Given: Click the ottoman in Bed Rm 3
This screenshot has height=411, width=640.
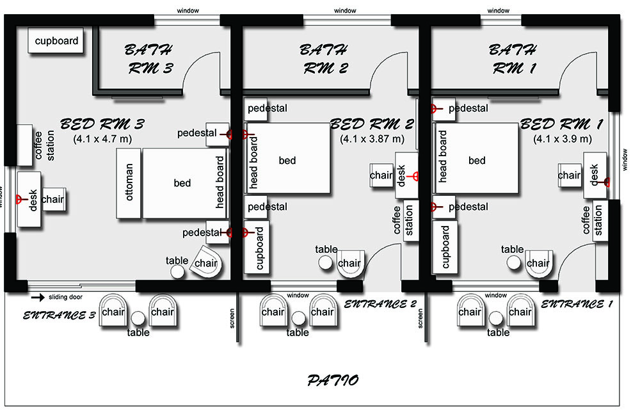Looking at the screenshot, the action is tap(129, 183).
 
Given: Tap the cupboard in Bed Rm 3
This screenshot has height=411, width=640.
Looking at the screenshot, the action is tap(56, 40).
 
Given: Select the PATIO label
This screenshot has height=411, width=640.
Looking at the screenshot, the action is tap(333, 380).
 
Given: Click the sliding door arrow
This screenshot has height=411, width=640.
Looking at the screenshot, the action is tap(38, 297).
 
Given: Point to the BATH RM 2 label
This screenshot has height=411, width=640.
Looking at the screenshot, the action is tap(324, 59).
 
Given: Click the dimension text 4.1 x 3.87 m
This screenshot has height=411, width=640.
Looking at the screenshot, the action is tap(372, 139).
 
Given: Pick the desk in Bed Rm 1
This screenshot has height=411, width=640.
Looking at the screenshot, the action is tap(595, 175).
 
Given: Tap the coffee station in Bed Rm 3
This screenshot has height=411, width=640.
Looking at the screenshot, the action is tap(24, 145).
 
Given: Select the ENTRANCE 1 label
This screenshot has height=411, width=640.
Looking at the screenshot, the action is tap(577, 304).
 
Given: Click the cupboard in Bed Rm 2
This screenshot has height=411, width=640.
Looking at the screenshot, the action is tap(257, 247).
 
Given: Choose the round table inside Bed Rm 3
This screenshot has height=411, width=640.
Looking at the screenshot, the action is tap(177, 271).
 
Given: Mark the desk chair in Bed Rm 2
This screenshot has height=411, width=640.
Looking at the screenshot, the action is tap(381, 175).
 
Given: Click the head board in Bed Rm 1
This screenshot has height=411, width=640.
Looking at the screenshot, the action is tap(442, 158).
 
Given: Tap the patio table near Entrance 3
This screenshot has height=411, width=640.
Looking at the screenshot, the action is tap(138, 318).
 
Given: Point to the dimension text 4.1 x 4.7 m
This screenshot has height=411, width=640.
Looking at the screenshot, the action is tap(102, 139).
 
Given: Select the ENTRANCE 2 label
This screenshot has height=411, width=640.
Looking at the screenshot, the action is tap(380, 304).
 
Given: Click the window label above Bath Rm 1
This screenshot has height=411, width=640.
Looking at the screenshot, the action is tap(498, 11).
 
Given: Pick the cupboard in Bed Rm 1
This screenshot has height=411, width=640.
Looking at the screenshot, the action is tap(445, 247).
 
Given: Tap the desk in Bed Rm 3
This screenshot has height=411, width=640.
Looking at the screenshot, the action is tap(29, 199).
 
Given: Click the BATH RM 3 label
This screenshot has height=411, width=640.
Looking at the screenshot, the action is tap(149, 59).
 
